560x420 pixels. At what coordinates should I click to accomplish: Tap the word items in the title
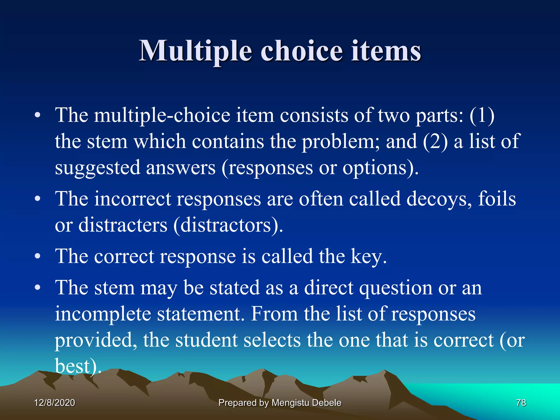[386, 51]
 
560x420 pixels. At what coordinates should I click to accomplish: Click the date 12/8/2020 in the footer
[54, 402]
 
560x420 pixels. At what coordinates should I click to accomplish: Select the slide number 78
[521, 402]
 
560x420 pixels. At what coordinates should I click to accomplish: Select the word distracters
[123, 225]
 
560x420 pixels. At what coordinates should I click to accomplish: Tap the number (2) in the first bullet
[435, 142]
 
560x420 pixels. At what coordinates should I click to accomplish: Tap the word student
[206, 340]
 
